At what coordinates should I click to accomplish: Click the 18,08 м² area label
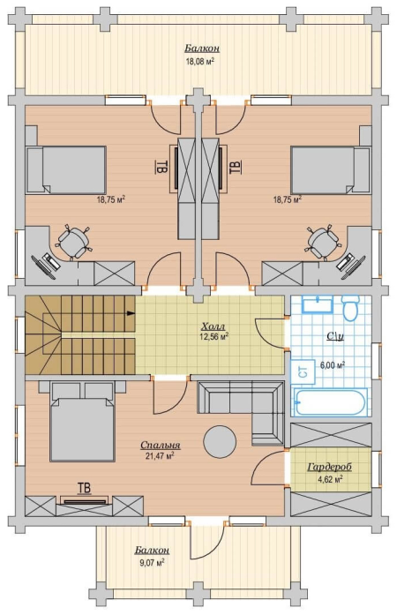click(199, 61)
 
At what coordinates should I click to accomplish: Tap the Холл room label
click(213, 326)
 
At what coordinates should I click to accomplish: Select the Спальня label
click(160, 445)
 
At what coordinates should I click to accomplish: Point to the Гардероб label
click(330, 467)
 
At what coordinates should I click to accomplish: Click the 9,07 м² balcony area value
click(152, 562)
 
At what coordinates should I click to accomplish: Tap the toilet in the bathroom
click(350, 308)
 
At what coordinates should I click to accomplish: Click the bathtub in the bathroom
click(330, 402)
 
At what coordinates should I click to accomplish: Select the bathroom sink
click(317, 304)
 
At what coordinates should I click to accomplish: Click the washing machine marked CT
click(303, 371)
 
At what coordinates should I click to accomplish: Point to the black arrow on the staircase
click(131, 313)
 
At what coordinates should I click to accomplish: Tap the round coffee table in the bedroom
click(220, 442)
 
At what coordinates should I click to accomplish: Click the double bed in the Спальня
click(82, 425)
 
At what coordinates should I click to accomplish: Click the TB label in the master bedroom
click(85, 488)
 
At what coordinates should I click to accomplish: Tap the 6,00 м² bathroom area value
click(333, 365)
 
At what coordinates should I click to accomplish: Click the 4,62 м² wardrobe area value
click(331, 479)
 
